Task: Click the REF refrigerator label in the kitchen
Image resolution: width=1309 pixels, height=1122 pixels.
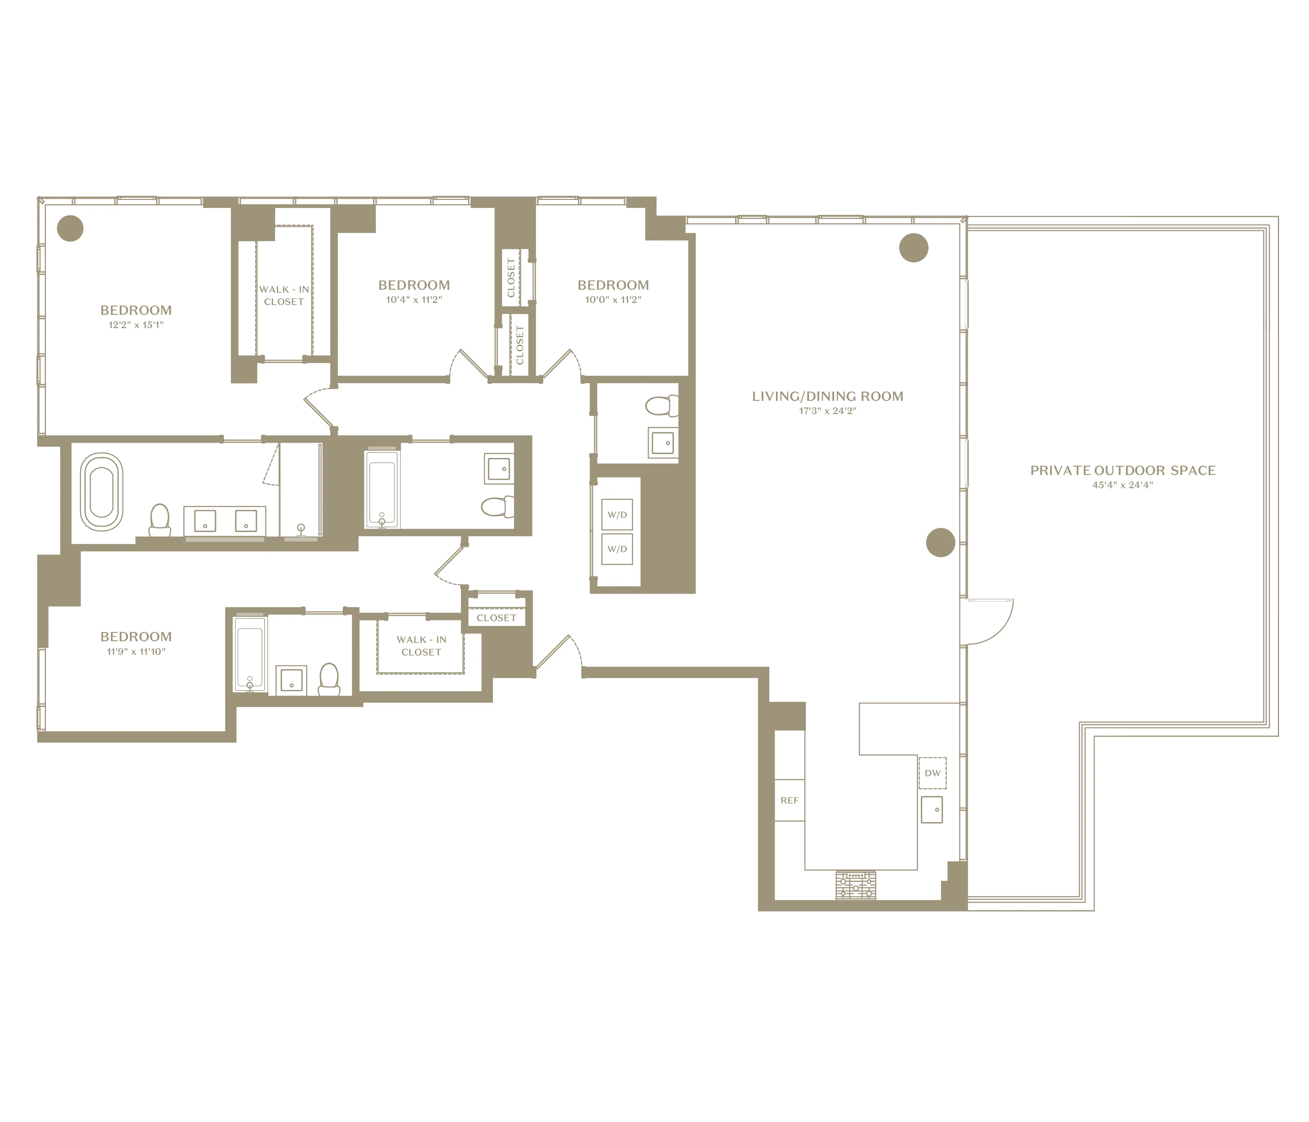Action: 789,800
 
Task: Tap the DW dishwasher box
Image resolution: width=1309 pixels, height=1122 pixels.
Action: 932,773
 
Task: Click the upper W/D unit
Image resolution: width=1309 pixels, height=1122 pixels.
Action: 617,515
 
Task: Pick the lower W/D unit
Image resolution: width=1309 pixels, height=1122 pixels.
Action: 617,549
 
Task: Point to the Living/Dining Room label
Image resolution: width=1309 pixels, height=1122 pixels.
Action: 828,396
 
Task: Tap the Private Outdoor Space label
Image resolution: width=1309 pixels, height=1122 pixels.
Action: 1123,471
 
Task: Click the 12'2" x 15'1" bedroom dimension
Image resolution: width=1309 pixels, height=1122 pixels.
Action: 136,325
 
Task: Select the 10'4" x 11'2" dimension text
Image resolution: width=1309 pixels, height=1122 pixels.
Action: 414,300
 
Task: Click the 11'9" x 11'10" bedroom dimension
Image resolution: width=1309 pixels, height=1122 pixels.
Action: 136,651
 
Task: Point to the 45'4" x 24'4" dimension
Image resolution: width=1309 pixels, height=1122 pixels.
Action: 1123,485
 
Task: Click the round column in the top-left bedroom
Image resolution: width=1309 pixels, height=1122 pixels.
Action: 70,228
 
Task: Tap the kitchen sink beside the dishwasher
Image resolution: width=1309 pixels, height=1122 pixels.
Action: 932,809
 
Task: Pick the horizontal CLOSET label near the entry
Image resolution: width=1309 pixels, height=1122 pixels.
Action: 497,618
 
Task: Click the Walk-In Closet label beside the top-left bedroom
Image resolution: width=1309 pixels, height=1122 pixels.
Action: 284,295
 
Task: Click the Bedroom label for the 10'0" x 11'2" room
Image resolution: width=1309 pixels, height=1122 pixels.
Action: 613,285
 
